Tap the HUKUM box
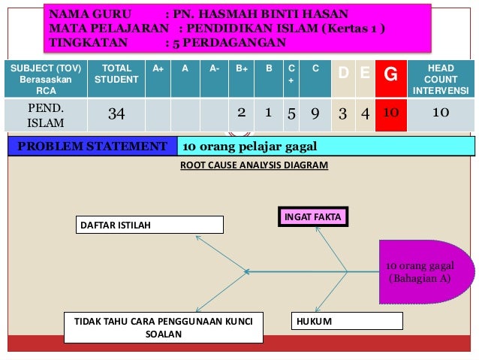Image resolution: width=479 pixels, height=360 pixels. point(347,322)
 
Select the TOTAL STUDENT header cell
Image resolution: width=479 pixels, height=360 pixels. point(116,74)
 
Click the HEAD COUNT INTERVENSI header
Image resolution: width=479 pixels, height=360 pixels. point(441,79)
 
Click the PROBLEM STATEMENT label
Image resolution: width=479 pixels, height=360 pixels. point(92,145)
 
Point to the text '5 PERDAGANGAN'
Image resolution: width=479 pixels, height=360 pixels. point(228,42)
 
